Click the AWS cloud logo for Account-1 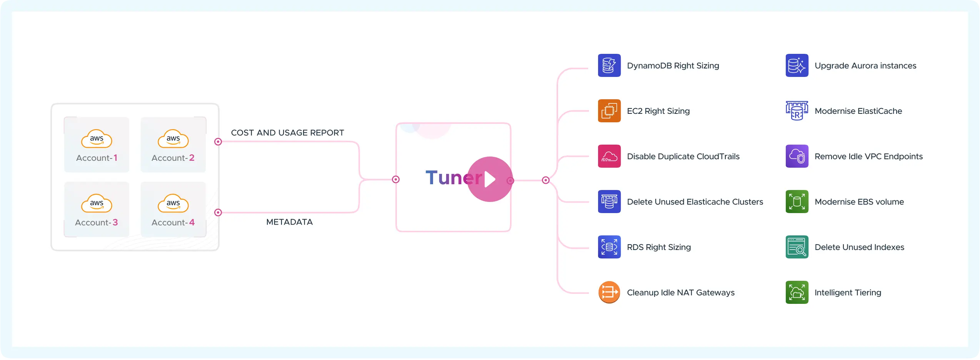97,139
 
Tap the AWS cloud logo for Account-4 173,203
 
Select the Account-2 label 173,158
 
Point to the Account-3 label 97,222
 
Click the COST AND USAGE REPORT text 287,133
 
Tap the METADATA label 289,222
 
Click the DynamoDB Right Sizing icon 609,65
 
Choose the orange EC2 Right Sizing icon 609,111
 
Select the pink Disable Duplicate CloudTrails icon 609,156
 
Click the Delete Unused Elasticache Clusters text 695,202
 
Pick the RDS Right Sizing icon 609,247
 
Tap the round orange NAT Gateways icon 609,292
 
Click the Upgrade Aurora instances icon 797,65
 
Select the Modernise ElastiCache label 858,111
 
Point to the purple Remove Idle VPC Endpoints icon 797,156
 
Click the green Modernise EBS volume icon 797,202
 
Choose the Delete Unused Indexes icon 797,247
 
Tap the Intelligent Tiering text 848,292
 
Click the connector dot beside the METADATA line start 218,212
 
